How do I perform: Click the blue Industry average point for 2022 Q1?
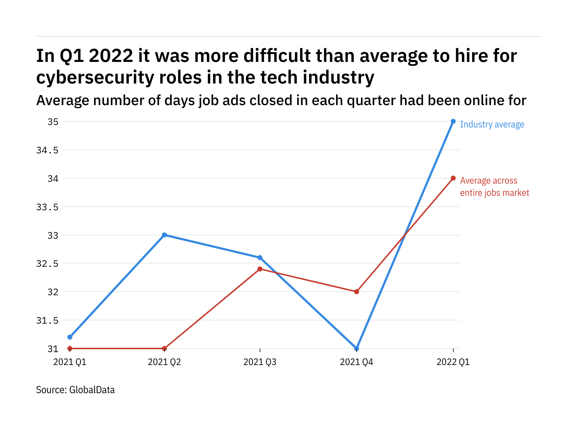point(453,121)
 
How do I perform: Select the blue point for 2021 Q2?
point(164,235)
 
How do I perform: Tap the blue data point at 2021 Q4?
point(357,348)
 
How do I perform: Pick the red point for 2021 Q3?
point(260,269)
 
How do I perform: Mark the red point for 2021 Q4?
point(357,292)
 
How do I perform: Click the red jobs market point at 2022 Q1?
point(453,178)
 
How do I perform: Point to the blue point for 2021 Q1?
point(70,337)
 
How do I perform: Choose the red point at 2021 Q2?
point(164,348)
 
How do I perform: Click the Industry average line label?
point(492,125)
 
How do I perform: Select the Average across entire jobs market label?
point(494,187)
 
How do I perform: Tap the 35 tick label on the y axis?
point(53,122)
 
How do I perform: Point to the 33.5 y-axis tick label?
point(47,207)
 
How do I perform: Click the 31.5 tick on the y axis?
point(47,320)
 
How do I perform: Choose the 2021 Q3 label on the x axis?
point(260,362)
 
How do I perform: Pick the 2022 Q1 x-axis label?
point(453,362)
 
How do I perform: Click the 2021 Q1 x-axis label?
point(70,362)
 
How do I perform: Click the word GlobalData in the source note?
point(92,390)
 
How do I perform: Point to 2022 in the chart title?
point(111,56)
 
